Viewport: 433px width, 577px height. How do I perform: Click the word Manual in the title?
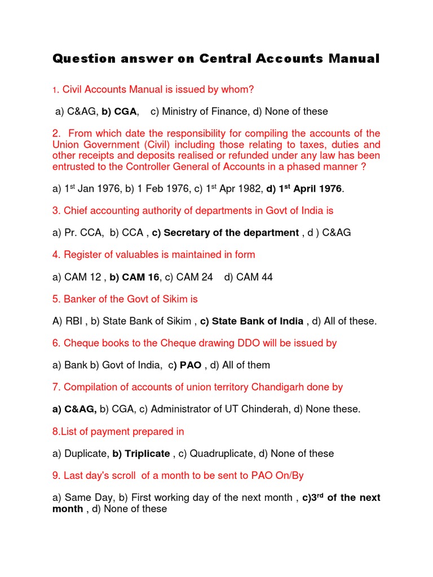(353, 59)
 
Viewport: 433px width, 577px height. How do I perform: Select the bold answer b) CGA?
(120, 112)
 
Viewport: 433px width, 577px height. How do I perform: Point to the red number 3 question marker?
(56, 211)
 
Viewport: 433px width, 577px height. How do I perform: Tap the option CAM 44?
(254, 277)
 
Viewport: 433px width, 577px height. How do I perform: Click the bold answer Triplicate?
(147, 454)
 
